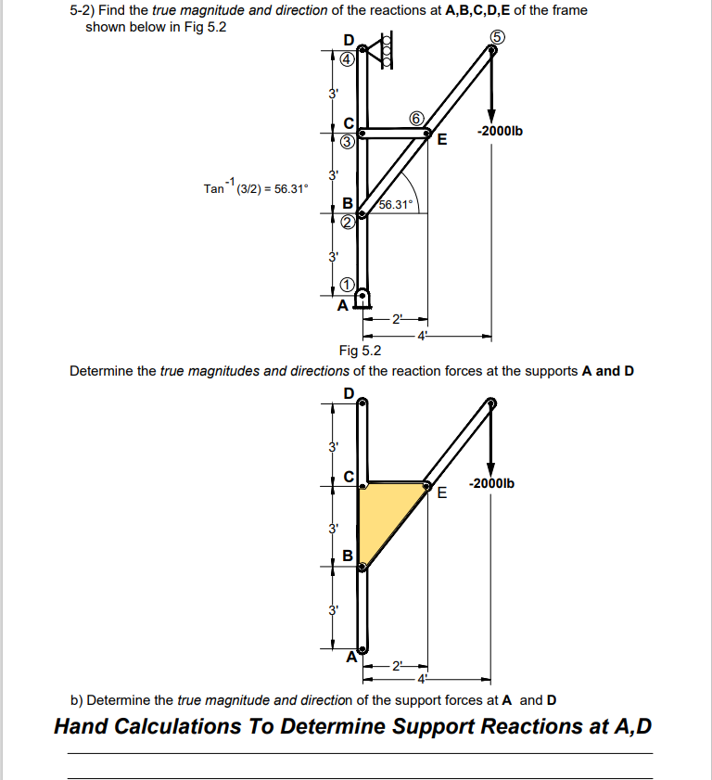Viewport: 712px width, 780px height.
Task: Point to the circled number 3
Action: click(x=347, y=142)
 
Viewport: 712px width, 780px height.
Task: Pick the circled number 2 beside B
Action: click(x=347, y=221)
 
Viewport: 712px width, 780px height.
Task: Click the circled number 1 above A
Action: click(x=347, y=285)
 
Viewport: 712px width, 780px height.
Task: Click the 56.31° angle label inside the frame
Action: click(x=398, y=205)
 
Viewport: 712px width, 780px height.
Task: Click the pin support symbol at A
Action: click(x=362, y=299)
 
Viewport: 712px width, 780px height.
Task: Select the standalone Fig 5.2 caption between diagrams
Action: click(x=360, y=351)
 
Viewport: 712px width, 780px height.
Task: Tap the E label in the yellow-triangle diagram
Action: click(x=441, y=492)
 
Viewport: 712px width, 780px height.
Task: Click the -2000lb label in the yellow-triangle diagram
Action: click(x=493, y=483)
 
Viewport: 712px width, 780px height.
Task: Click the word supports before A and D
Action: click(x=549, y=372)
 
